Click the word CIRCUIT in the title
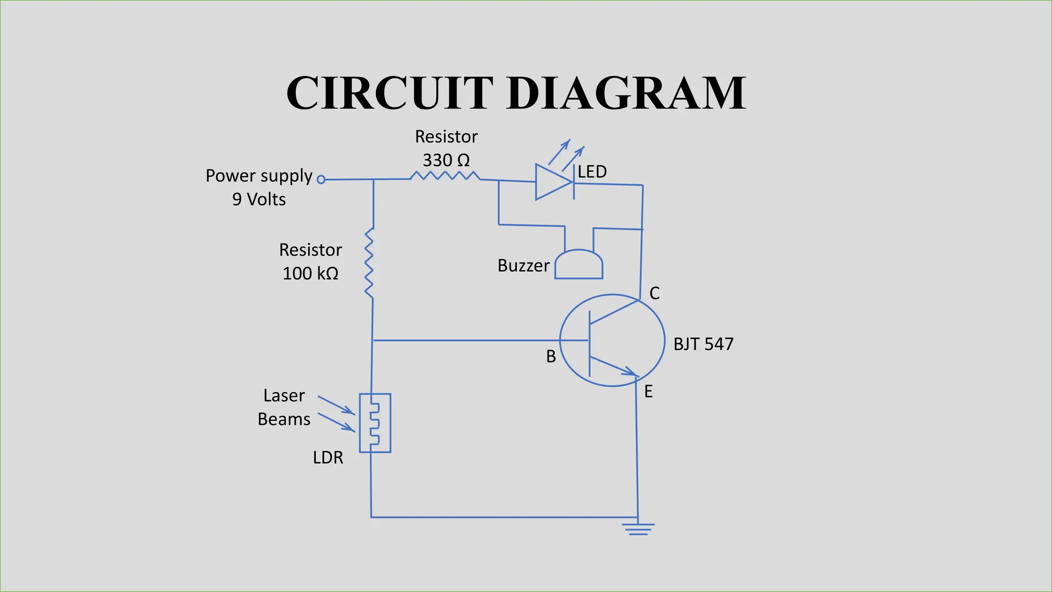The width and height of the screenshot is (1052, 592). pos(389,93)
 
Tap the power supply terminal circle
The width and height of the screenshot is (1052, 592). pos(321,179)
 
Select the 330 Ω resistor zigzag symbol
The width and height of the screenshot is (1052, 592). pos(445,176)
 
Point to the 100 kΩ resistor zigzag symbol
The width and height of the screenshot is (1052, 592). pos(369,263)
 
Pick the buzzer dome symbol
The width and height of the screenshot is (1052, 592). pos(579,265)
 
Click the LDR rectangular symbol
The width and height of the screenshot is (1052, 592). pos(375,423)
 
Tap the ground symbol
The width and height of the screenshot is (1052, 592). pos(638,529)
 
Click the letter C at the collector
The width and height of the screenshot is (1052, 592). pos(654,293)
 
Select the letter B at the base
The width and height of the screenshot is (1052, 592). pos(551,356)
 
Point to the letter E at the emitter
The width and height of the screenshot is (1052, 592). pos(648,392)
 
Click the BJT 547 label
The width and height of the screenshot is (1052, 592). pos(703,344)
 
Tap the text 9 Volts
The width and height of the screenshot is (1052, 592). pos(259,199)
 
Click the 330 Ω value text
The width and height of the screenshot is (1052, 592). pos(446,160)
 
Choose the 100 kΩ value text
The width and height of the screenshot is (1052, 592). pos(310,273)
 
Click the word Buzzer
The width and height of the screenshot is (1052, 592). pos(523,266)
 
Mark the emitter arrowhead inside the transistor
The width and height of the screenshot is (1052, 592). pos(631,372)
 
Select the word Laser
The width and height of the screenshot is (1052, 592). pos(284,396)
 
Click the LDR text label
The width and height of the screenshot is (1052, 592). pos(328,457)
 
